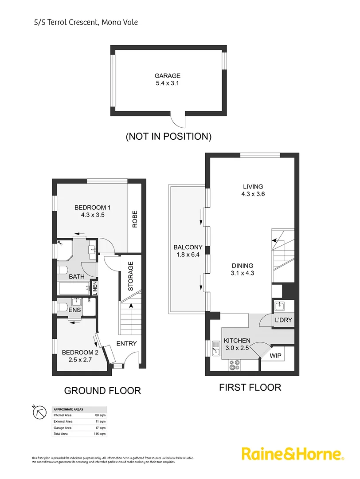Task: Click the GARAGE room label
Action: coord(167,76)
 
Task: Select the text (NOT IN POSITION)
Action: coord(168,136)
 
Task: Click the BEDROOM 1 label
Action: coord(92,207)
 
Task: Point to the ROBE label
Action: coord(134,219)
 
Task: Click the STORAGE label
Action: coord(130,276)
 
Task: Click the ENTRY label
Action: coord(126,343)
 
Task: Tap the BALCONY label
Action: coord(188,247)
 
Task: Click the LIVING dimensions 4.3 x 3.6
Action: coord(253,194)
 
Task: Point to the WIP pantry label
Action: coord(276,355)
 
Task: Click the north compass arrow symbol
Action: coord(39,412)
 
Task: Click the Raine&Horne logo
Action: coord(293,454)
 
